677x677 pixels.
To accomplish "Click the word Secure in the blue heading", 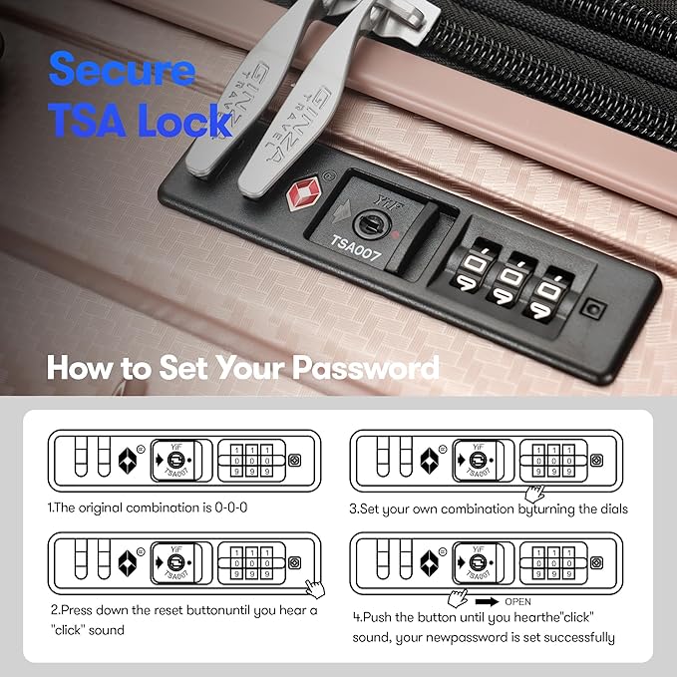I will pos(122,72).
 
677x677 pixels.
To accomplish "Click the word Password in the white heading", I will pos(365,368).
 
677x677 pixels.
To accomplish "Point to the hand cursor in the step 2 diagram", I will pos(315,587).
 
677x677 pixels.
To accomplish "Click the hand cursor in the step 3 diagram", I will pos(535,492).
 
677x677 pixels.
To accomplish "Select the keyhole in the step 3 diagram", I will pos(477,460).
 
